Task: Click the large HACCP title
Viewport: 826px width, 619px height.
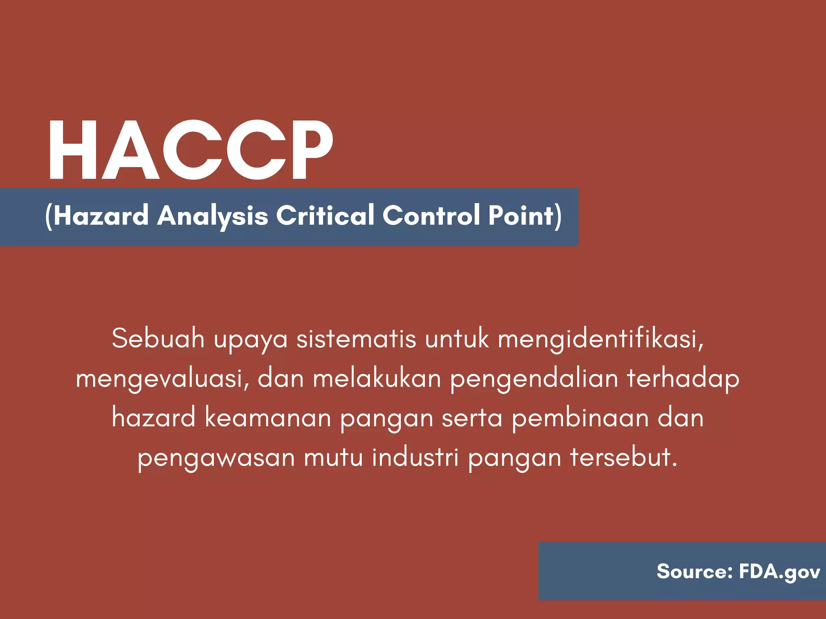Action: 191,150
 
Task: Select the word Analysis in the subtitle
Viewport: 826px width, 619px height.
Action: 213,216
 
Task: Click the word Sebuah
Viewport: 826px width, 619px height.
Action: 158,338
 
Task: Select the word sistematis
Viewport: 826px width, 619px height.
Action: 356,338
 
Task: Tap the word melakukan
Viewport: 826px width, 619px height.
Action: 377,379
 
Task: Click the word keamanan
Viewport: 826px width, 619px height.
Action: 268,418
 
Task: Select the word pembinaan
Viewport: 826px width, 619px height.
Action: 580,418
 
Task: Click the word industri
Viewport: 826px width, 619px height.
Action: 415,457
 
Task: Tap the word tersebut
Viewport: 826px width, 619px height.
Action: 623,457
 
